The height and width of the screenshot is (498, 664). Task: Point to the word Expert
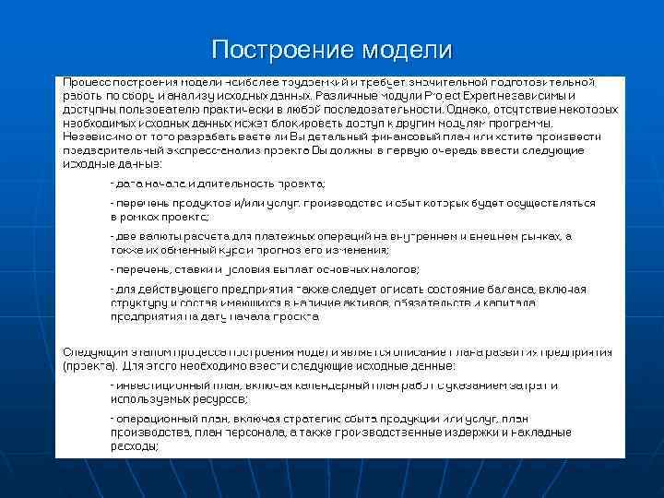479,95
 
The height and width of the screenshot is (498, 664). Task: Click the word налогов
395,269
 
